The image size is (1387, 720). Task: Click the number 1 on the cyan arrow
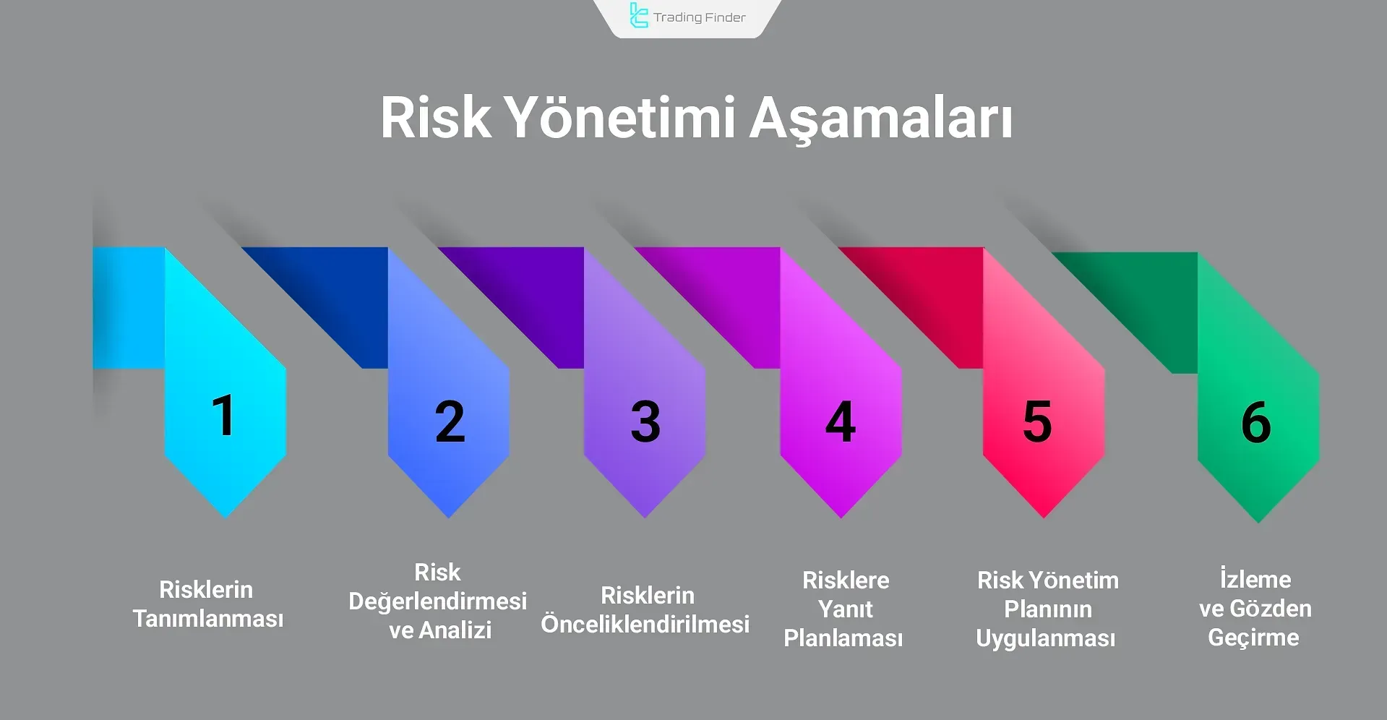click(x=224, y=416)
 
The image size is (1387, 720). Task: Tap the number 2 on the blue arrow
click(x=450, y=421)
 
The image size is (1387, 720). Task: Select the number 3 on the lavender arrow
click(x=645, y=421)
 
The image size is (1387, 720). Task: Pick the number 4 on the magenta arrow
click(x=841, y=421)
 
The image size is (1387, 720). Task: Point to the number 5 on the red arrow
click(x=1037, y=421)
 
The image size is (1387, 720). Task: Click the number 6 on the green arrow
click(x=1256, y=421)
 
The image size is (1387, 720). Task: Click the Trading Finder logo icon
click(x=638, y=16)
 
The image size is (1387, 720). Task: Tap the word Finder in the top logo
click(x=720, y=17)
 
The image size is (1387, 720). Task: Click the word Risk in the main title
click(x=436, y=117)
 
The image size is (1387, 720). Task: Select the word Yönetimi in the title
click(x=619, y=117)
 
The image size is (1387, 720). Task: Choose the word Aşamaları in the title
click(x=880, y=119)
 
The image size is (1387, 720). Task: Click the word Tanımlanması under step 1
click(x=208, y=619)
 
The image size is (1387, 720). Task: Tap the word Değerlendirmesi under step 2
click(x=438, y=601)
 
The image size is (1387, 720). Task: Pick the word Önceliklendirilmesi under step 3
click(x=645, y=624)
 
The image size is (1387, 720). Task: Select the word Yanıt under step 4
click(x=846, y=609)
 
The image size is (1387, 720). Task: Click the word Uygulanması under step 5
click(x=1046, y=639)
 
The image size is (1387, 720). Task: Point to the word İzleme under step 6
click(x=1255, y=579)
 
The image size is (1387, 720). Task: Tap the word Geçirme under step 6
click(x=1254, y=638)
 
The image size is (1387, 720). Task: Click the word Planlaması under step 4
click(x=843, y=638)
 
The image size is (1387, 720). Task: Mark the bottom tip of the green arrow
click(x=1258, y=523)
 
